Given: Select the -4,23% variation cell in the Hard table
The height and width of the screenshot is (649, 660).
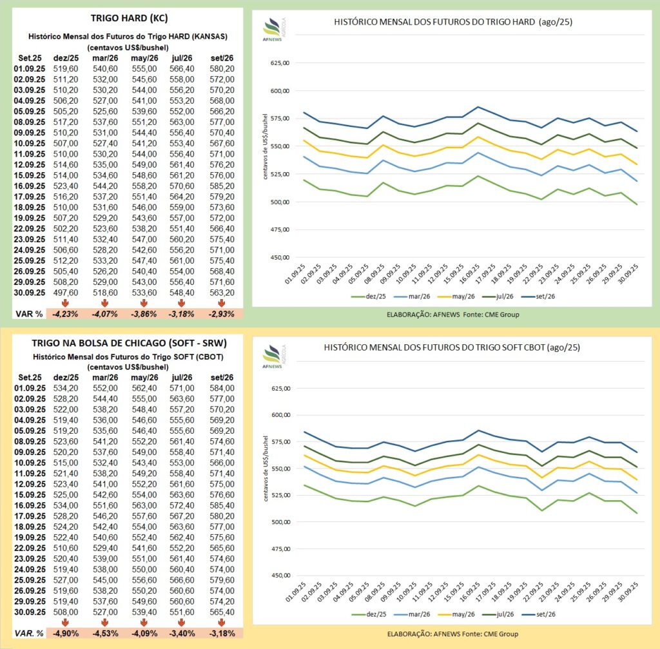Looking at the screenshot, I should tap(66, 314).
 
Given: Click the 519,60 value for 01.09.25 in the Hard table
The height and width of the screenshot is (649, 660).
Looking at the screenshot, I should tap(66, 68).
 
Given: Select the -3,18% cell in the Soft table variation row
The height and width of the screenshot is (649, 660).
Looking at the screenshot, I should tap(222, 633).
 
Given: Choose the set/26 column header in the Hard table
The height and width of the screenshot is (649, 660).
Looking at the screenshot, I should tap(222, 58).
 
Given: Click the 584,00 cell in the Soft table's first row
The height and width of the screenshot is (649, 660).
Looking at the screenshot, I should tap(222, 388).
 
